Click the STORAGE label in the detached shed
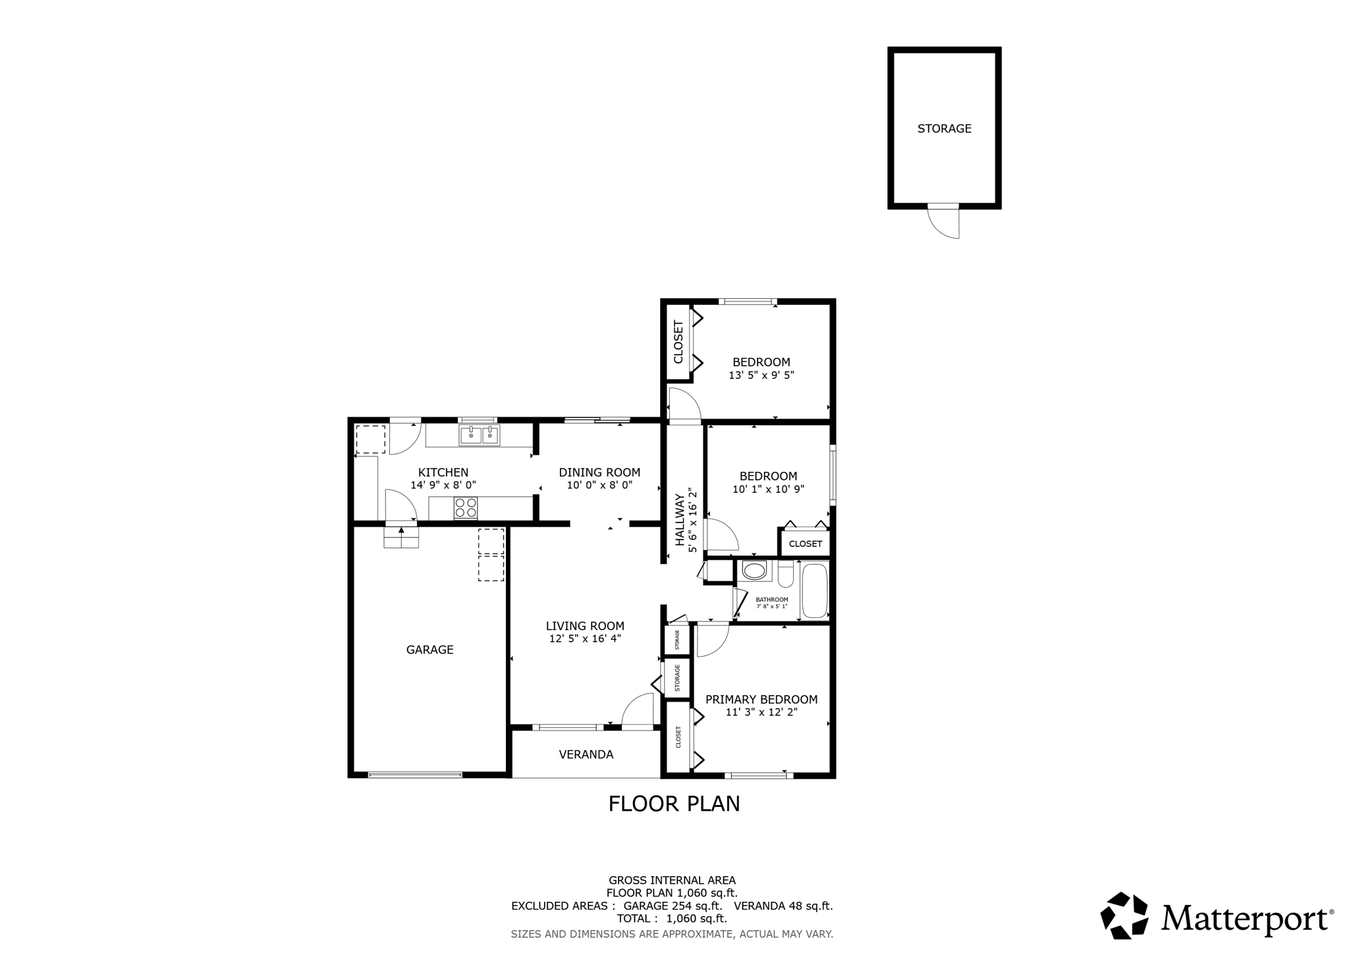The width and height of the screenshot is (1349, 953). [x=944, y=129]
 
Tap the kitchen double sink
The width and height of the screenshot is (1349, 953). [x=479, y=435]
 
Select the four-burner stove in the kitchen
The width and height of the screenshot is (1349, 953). [x=466, y=508]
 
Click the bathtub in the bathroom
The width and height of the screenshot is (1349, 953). [x=814, y=590]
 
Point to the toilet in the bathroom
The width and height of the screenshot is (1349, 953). [x=786, y=575]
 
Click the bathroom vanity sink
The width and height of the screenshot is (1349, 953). [x=754, y=571]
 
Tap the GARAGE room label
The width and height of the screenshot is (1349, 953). [x=429, y=650]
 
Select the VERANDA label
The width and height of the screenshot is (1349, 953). [x=586, y=755]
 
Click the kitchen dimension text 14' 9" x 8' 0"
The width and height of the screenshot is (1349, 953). [x=443, y=485]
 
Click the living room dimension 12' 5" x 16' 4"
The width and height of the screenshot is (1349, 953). [x=585, y=638]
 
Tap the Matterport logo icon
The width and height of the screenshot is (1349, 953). [x=1124, y=915]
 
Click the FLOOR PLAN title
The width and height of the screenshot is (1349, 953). [x=674, y=804]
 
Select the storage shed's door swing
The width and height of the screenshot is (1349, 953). [x=946, y=222]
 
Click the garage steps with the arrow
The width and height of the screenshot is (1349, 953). [x=401, y=536]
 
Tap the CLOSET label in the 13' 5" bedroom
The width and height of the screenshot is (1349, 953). [x=678, y=342]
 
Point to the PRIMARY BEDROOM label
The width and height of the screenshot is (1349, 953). [x=761, y=700]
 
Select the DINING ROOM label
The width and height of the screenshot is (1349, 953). [x=599, y=473]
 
